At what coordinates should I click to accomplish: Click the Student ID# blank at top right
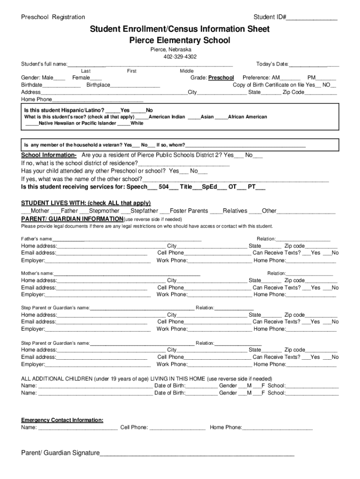[x=311, y=18]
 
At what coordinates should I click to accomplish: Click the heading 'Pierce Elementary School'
[x=180, y=41]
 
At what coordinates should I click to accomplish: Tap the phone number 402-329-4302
[x=180, y=57]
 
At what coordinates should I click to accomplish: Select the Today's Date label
[x=272, y=64]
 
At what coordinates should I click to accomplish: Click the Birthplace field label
[x=98, y=85]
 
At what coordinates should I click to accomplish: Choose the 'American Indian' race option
[x=166, y=117]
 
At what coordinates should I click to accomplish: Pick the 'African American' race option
[x=247, y=117]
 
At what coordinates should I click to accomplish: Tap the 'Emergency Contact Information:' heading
[x=62, y=420]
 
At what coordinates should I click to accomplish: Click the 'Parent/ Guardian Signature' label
[x=60, y=453]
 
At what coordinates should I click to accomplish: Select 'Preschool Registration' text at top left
[x=53, y=17]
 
